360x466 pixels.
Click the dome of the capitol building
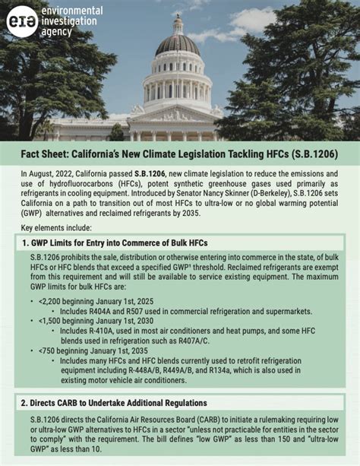point(178,45)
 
